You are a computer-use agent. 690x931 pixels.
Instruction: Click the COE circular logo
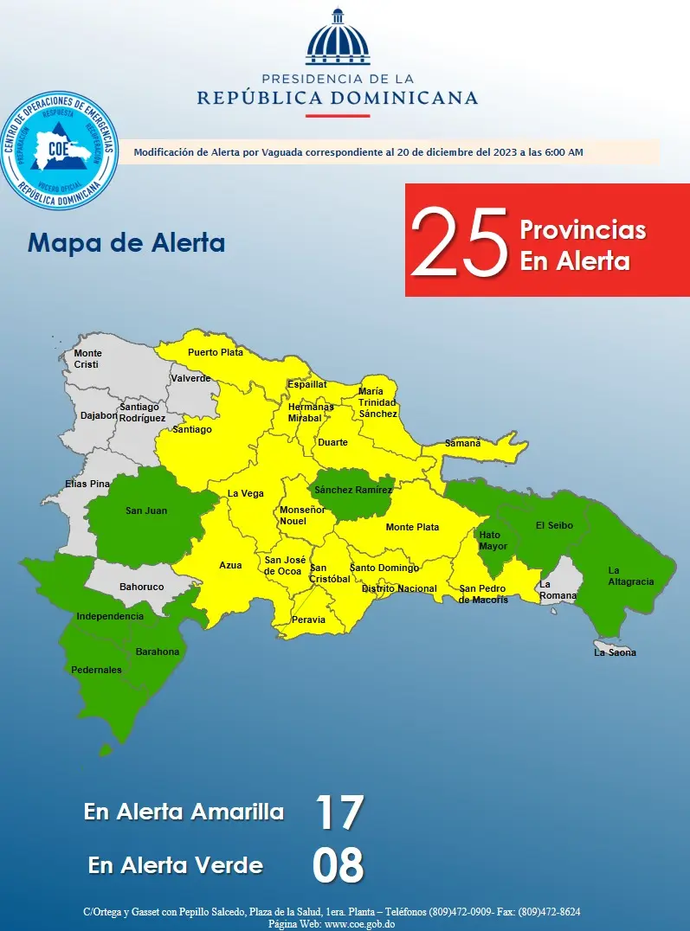(58, 152)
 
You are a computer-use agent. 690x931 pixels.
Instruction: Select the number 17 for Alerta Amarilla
(338, 812)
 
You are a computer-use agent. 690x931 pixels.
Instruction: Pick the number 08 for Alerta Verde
(338, 865)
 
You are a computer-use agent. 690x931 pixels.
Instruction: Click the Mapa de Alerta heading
(126, 242)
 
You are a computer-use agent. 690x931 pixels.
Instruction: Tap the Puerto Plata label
(216, 352)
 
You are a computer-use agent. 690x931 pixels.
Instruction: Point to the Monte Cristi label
(87, 359)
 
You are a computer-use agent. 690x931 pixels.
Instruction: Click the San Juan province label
(146, 510)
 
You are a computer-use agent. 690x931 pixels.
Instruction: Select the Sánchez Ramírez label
(353, 491)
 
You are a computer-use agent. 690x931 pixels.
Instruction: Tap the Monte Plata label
(412, 527)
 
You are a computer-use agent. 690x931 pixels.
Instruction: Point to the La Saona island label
(615, 652)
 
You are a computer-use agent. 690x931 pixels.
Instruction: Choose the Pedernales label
(96, 670)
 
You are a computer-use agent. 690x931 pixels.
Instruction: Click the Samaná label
(462, 443)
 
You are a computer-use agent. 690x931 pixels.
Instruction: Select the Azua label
(230, 565)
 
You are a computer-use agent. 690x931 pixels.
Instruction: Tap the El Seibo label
(554, 525)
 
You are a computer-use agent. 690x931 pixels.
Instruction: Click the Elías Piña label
(87, 484)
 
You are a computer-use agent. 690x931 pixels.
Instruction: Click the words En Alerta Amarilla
(184, 812)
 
